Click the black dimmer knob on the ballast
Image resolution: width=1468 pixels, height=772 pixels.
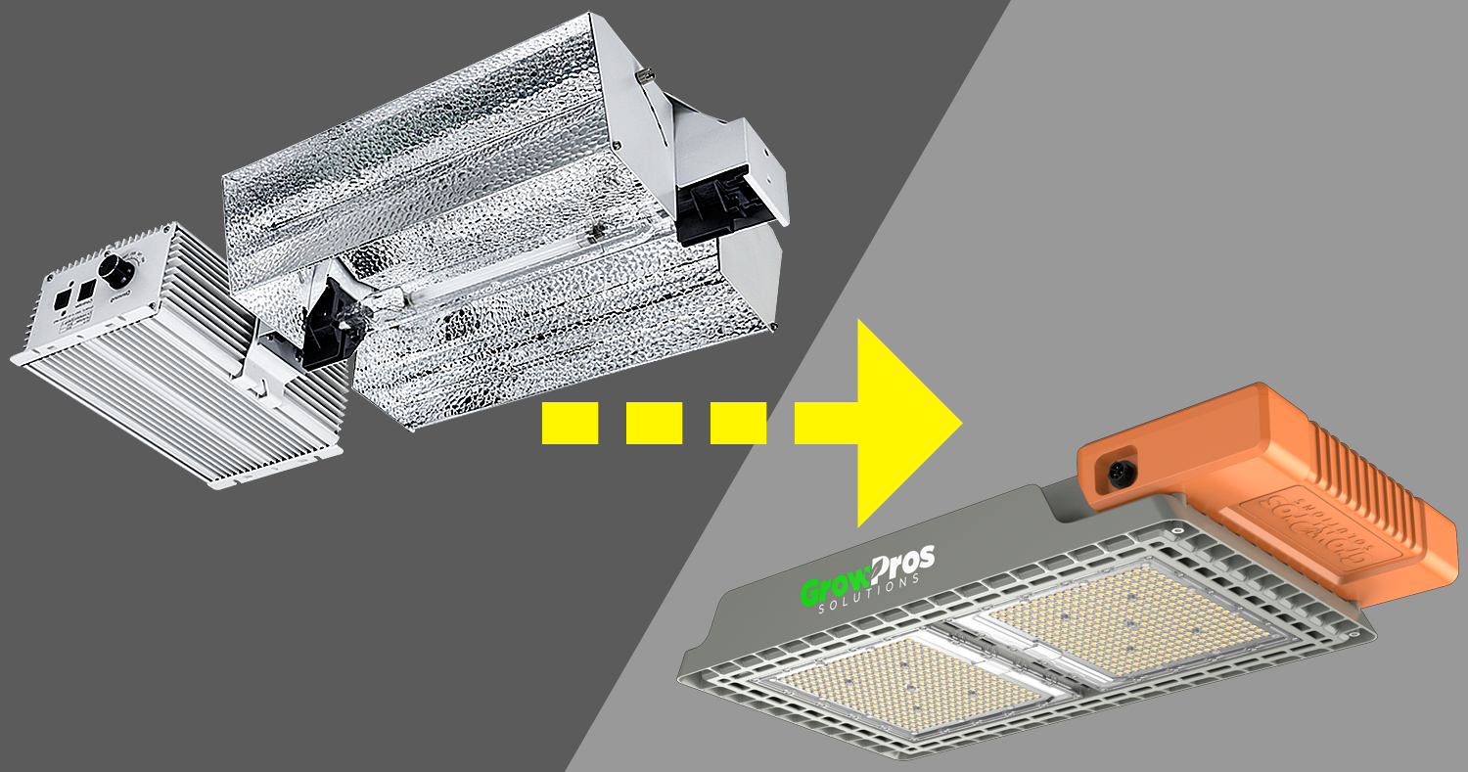(118, 273)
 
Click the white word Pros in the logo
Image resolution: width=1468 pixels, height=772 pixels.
(899, 567)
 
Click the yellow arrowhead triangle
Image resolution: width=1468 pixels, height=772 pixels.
(905, 423)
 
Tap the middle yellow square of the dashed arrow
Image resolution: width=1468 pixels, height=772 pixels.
(654, 423)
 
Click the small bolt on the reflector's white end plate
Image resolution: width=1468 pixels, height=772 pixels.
(645, 74)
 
